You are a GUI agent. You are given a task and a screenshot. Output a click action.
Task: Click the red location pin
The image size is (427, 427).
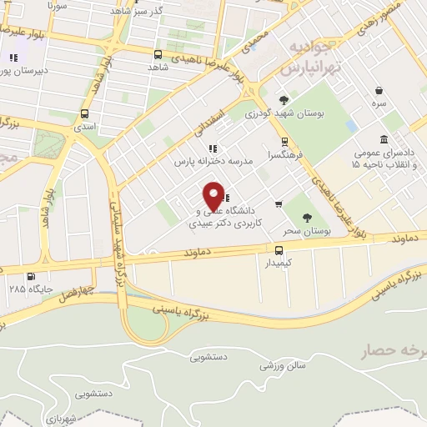coord(215,196)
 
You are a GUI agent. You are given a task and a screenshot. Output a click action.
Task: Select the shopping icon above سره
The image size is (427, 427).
coord(379,90)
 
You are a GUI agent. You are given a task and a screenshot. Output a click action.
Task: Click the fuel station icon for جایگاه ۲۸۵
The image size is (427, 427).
coord(32,277)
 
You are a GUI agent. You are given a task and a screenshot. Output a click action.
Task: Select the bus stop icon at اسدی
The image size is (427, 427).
coord(84,113)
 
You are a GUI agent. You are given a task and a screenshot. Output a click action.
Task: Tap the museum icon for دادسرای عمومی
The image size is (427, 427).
coord(383,139)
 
